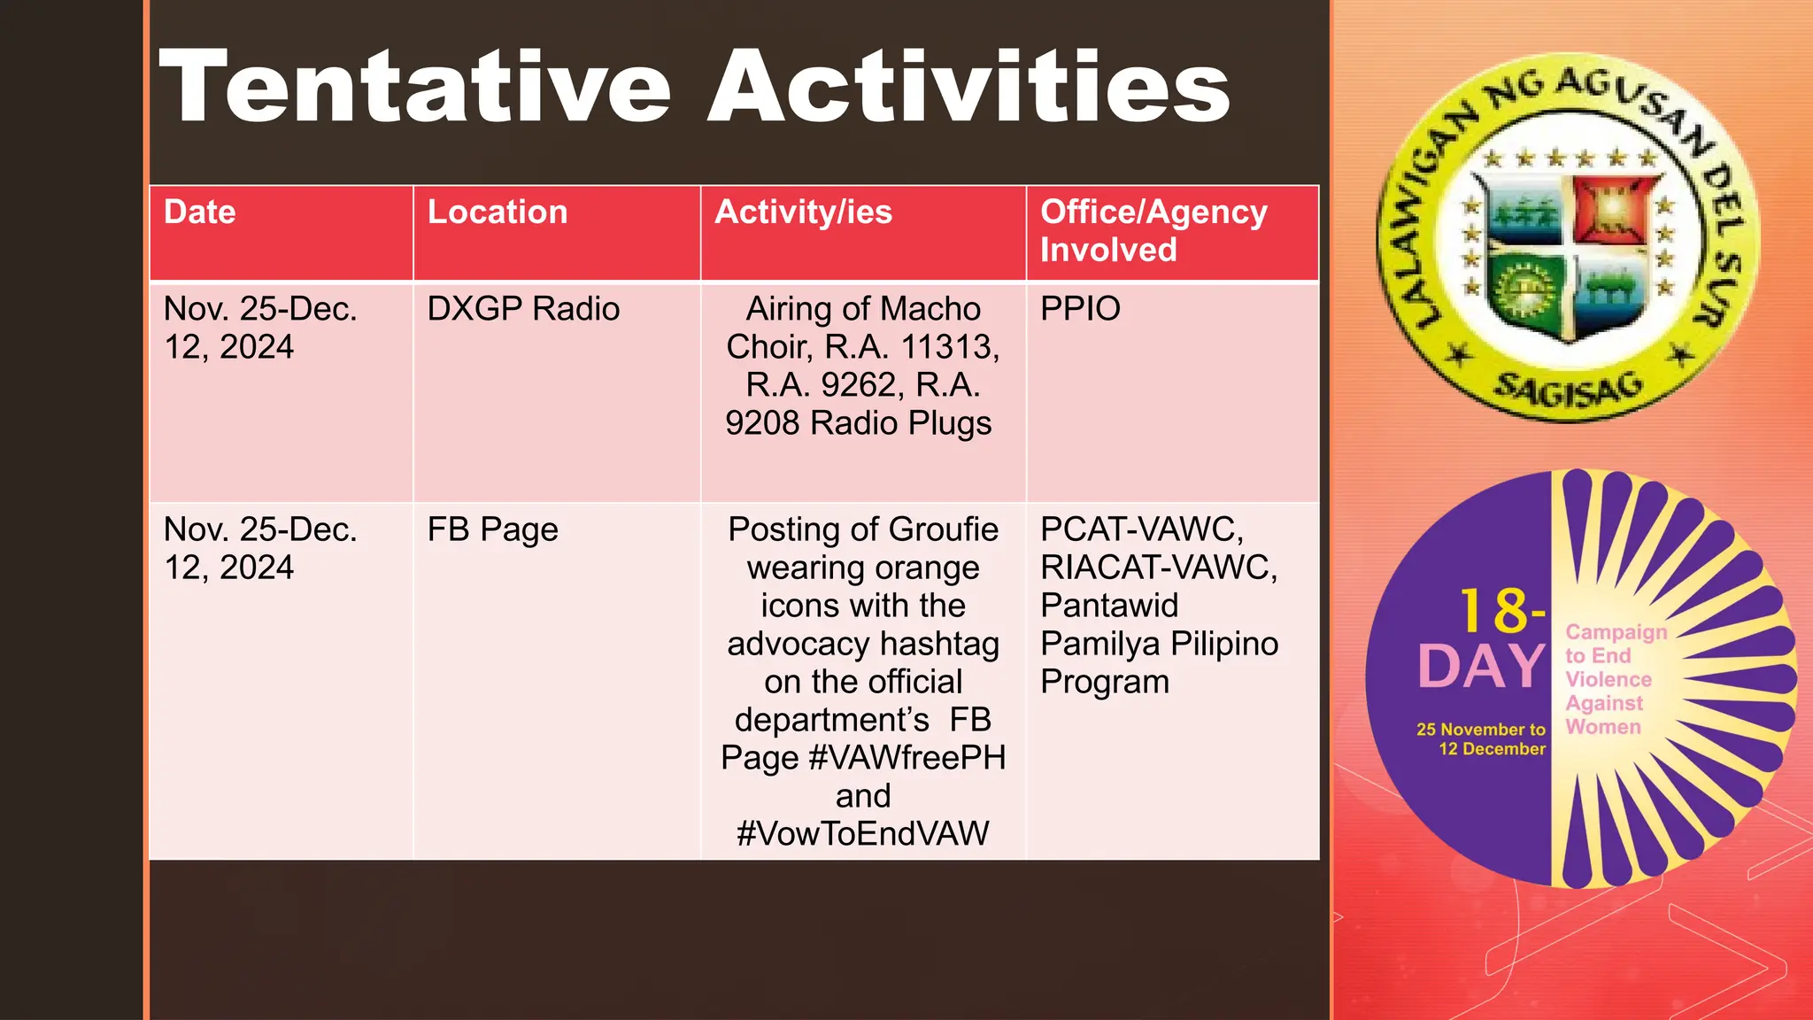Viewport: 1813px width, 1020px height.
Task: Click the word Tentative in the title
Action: (x=414, y=87)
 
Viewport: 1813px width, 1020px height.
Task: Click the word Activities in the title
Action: (x=968, y=87)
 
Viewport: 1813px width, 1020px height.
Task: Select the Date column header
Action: (x=200, y=212)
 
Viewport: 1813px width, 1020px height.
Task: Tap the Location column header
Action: (x=497, y=212)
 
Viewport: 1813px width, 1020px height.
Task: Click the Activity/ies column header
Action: (x=803, y=212)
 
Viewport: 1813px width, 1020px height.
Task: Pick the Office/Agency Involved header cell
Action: (x=1153, y=231)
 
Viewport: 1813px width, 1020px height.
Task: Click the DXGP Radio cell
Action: (x=523, y=309)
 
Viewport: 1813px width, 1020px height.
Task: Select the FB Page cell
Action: (x=492, y=529)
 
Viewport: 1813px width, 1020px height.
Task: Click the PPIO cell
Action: (x=1080, y=309)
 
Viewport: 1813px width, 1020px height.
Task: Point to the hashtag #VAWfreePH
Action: (x=906, y=758)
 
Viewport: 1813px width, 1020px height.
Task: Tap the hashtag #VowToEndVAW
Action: (x=862, y=834)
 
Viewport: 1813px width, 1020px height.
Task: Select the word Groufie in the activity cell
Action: (x=943, y=529)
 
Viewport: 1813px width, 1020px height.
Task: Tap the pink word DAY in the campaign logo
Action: (x=1480, y=667)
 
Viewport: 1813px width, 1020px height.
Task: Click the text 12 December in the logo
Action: (x=1492, y=749)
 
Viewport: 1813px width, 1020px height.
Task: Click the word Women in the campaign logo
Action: (x=1602, y=727)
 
